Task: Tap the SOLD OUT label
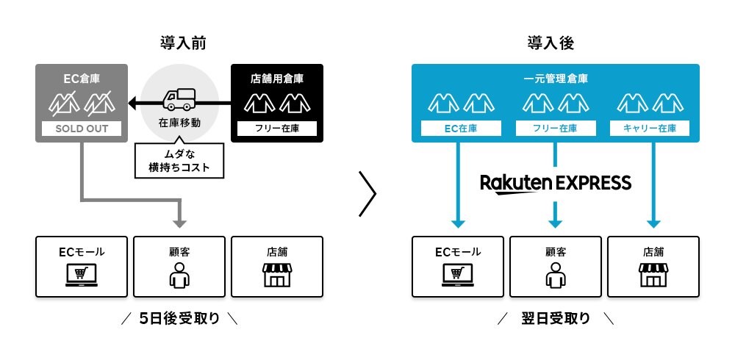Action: coord(82,129)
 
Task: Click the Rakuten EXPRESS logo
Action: coord(556,182)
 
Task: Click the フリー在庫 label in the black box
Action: coord(276,129)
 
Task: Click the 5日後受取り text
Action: coord(179,320)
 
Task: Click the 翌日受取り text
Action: coord(556,320)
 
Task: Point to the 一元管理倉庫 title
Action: coord(555,78)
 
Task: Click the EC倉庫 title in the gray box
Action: coord(82,78)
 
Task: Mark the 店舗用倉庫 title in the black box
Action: coord(276,78)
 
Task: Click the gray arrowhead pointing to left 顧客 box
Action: coord(179,223)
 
